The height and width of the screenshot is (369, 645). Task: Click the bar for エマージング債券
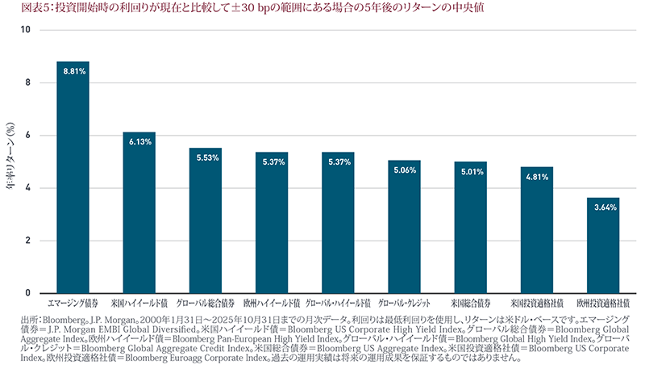(x=73, y=178)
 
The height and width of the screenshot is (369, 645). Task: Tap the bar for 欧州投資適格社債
(x=603, y=245)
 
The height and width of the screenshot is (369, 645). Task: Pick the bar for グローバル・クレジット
(x=404, y=227)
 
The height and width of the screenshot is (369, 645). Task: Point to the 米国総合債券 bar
(x=470, y=228)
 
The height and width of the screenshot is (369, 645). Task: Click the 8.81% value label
(x=73, y=71)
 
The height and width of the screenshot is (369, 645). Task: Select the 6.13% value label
(x=139, y=141)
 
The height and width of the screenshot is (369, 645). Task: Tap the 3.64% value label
(x=603, y=208)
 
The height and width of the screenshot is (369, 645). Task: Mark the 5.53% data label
(x=205, y=157)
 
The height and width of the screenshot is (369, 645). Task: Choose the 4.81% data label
(x=537, y=177)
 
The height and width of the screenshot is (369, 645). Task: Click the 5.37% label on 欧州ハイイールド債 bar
(x=272, y=161)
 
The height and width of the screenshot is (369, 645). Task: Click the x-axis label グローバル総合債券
(x=205, y=303)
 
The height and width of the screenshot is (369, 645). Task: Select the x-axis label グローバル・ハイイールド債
(x=338, y=303)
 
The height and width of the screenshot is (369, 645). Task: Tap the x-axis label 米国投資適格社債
(x=537, y=303)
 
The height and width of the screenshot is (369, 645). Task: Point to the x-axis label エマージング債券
(x=73, y=303)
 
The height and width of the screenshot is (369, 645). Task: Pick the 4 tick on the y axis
(x=27, y=188)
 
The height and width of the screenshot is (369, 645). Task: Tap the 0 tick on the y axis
(x=27, y=293)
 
